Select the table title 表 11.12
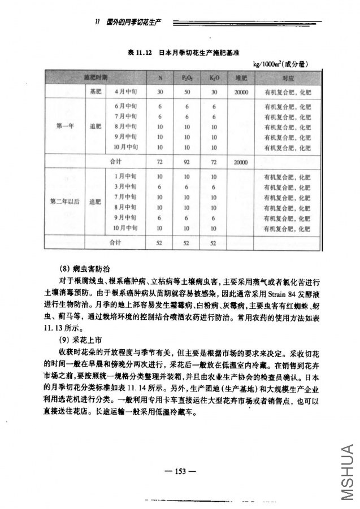pos(141,53)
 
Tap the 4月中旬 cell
pos(126,91)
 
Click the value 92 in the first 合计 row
pos(187,162)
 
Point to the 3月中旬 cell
pos(126,186)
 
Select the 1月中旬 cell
pos(126,176)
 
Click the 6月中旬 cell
pos(126,106)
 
